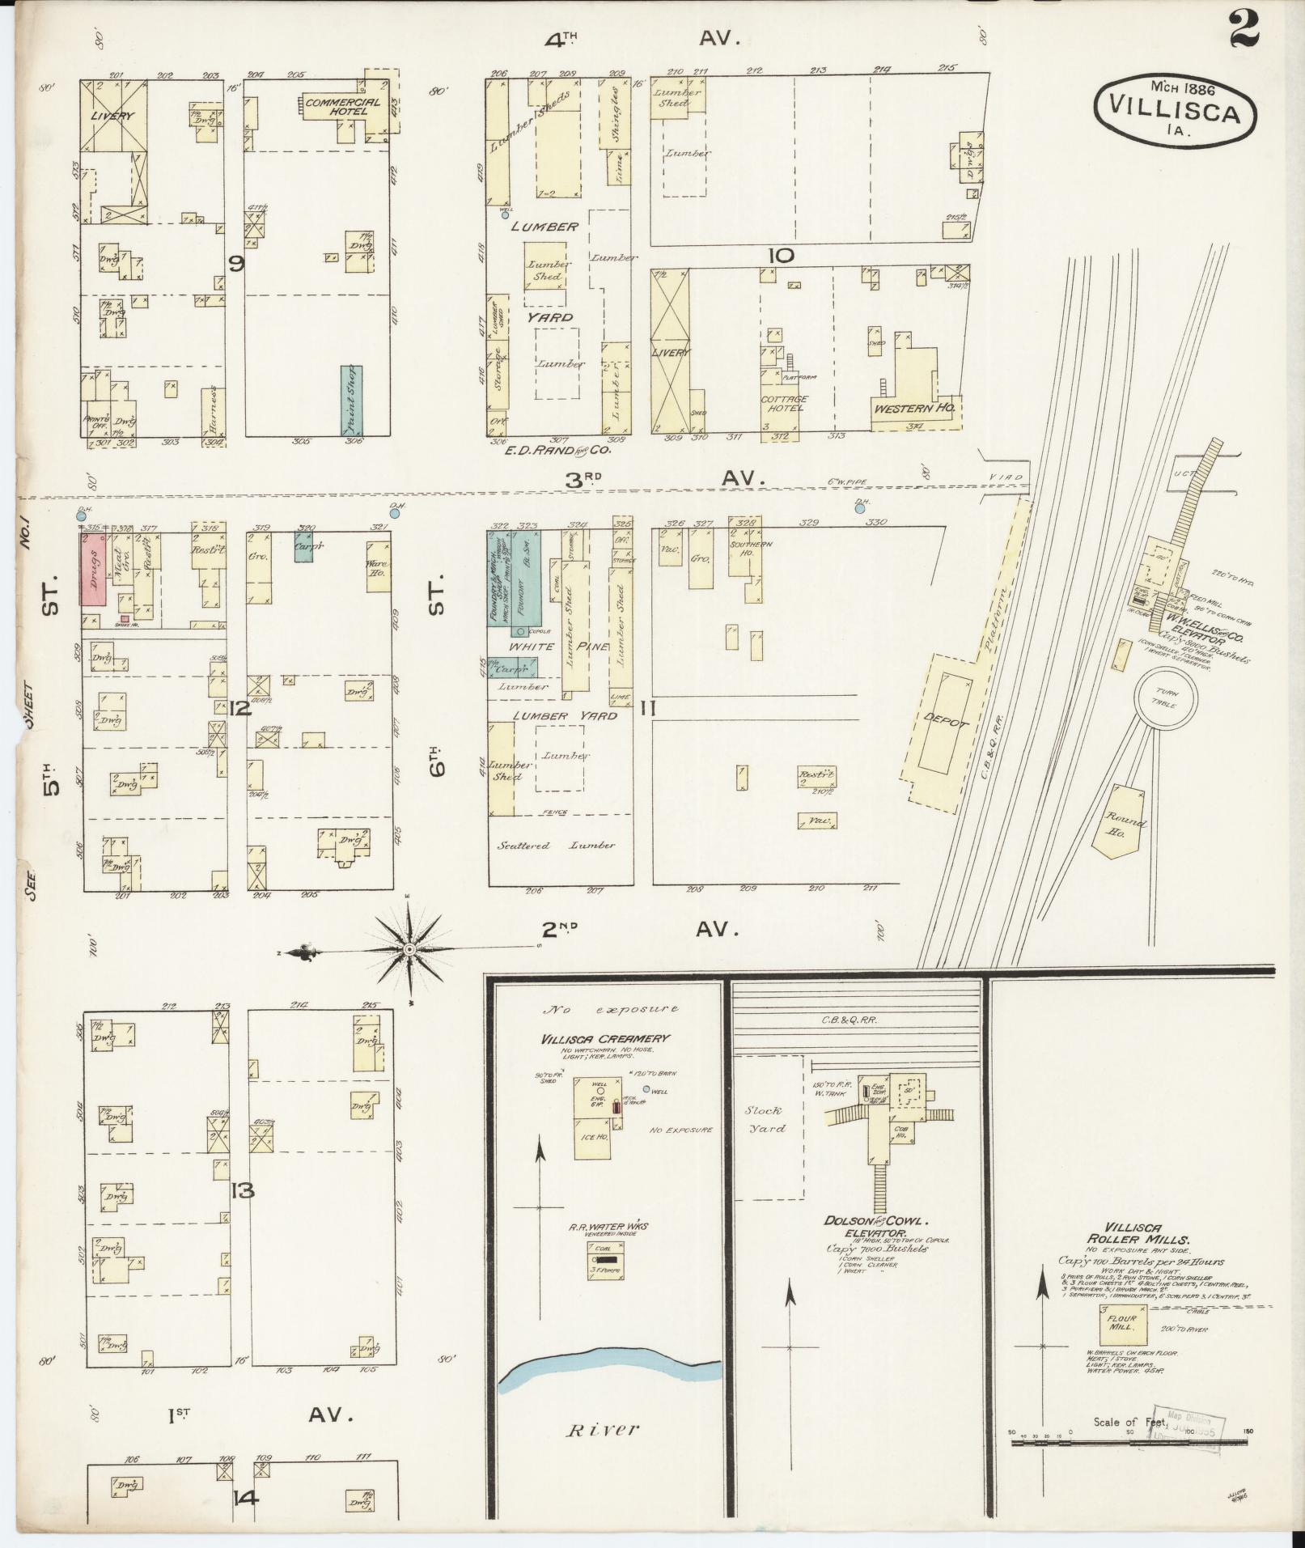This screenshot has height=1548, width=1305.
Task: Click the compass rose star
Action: click(410, 948)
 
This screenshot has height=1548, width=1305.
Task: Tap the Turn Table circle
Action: click(1166, 698)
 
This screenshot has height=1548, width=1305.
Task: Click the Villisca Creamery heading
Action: click(618, 1038)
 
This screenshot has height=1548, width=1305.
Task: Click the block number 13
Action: click(241, 1190)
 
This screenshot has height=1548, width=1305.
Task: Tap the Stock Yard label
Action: click(765, 1119)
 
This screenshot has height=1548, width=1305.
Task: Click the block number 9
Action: click(235, 263)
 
